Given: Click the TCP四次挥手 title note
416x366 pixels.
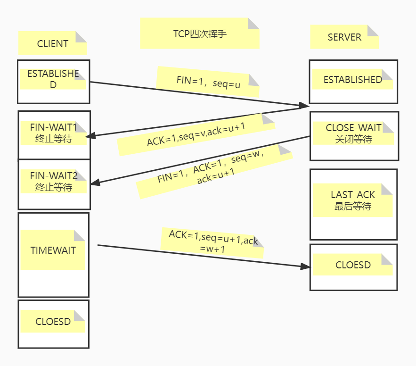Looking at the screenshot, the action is pyautogui.click(x=199, y=33).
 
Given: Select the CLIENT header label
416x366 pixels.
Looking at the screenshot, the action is pyautogui.click(x=53, y=43).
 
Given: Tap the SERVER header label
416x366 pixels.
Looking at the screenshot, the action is pyautogui.click(x=344, y=37).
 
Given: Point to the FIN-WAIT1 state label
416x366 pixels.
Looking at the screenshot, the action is pyautogui.click(x=54, y=133).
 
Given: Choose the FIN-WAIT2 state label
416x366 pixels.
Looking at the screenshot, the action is pyautogui.click(x=54, y=182).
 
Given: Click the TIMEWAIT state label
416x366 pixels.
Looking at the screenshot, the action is pyautogui.click(x=53, y=250).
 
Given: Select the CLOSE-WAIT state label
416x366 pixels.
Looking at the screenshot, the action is pyautogui.click(x=353, y=133).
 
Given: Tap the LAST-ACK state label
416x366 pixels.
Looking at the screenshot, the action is pyautogui.click(x=352, y=200).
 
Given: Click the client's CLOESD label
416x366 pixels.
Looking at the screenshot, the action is pyautogui.click(x=53, y=321).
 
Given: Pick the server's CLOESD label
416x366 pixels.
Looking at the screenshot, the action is pyautogui.click(x=352, y=265).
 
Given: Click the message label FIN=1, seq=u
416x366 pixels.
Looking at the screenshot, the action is pyautogui.click(x=208, y=82).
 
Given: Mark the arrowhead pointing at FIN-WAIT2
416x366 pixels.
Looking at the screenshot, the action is pyautogui.click(x=95, y=182).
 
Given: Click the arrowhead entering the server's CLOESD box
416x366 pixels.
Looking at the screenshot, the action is pyautogui.click(x=305, y=266).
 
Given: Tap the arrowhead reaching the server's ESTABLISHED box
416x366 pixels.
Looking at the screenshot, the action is pyautogui.click(x=304, y=106).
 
